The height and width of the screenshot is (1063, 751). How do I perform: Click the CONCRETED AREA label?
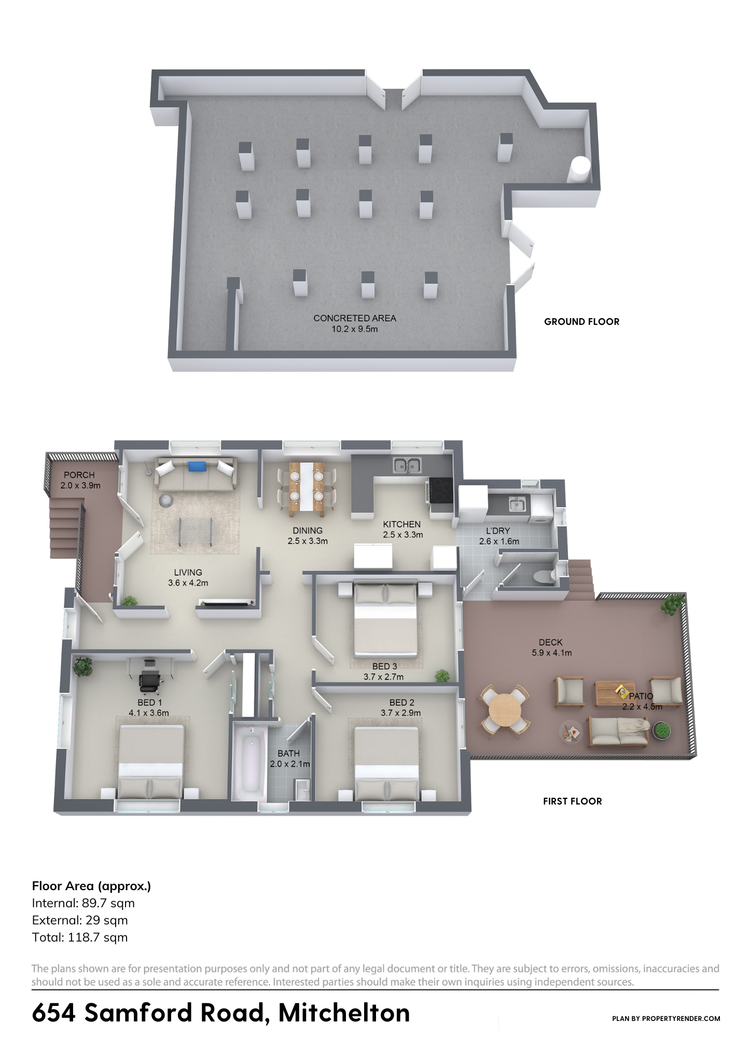355,318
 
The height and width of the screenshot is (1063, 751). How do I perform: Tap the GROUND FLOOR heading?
581,322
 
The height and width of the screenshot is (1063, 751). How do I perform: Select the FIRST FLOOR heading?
572,801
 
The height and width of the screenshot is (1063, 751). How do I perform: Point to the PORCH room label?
79,475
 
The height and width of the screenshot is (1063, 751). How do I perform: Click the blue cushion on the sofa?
198,467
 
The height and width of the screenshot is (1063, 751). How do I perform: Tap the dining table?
307,488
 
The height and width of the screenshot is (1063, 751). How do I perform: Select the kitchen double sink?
407,465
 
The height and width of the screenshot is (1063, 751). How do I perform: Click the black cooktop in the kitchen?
441,490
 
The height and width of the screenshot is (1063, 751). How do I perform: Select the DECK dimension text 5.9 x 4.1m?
551,653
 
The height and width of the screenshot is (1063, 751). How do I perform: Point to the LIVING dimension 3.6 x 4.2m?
188,583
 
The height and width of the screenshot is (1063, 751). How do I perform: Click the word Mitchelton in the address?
344,1013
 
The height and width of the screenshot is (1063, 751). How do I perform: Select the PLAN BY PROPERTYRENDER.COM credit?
666,1018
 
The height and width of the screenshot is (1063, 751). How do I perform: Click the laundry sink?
516,503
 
